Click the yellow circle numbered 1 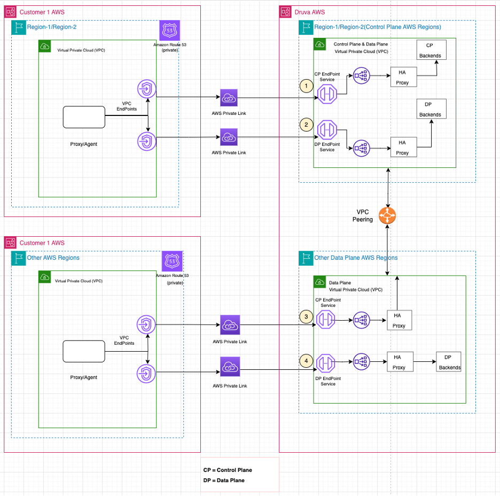(x=306, y=86)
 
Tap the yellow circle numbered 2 (x=306, y=125)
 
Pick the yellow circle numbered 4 (x=306, y=361)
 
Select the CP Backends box (x=430, y=50)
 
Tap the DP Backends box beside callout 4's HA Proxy (x=449, y=362)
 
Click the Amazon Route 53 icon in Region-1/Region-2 (x=169, y=30)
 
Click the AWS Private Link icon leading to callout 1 (x=229, y=98)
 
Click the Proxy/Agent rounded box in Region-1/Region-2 (x=83, y=117)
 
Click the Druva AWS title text (x=309, y=12)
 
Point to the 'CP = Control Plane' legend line (x=228, y=470)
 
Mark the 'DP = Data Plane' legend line (x=224, y=480)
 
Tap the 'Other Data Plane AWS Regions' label (x=356, y=258)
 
